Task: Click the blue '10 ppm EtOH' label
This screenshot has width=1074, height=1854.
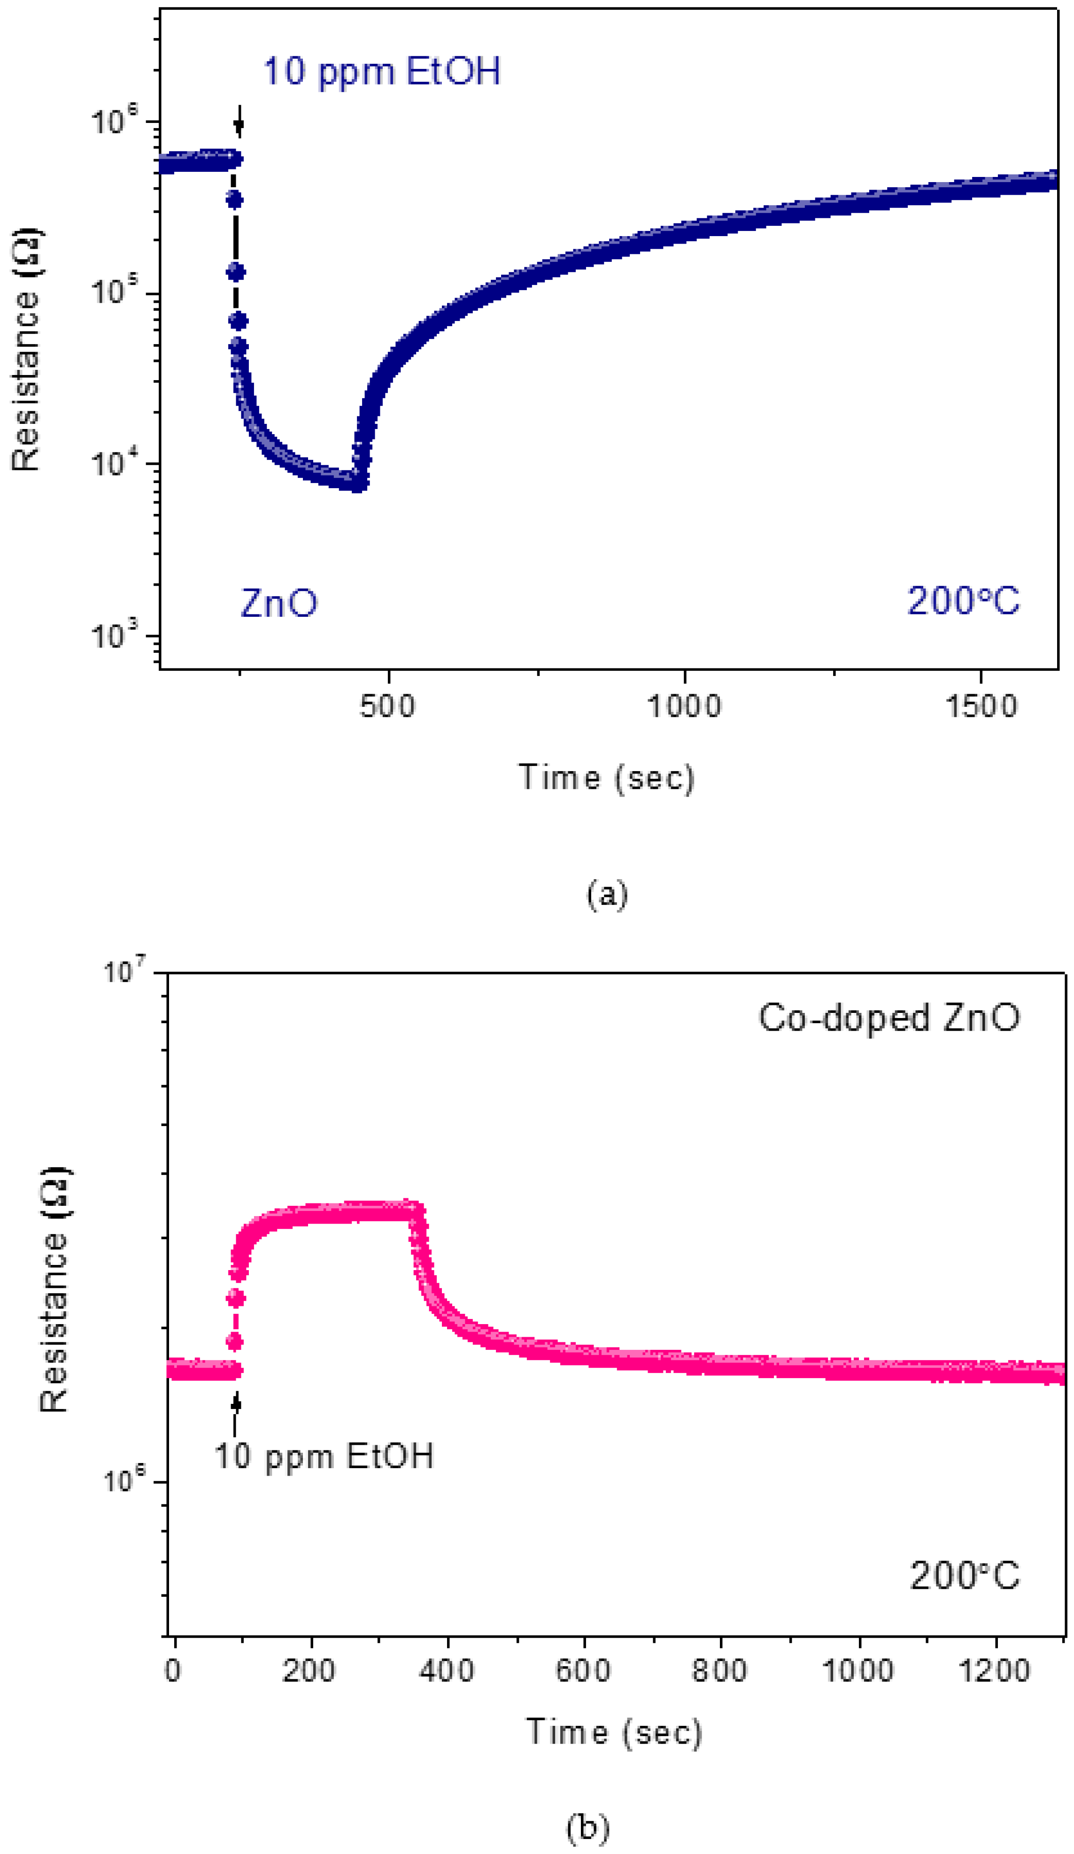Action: pos(381,71)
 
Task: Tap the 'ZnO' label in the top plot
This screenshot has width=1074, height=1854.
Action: pos(279,603)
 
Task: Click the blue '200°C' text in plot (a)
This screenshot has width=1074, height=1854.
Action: pos(962,601)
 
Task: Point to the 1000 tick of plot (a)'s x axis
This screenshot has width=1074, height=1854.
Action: pos(683,706)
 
